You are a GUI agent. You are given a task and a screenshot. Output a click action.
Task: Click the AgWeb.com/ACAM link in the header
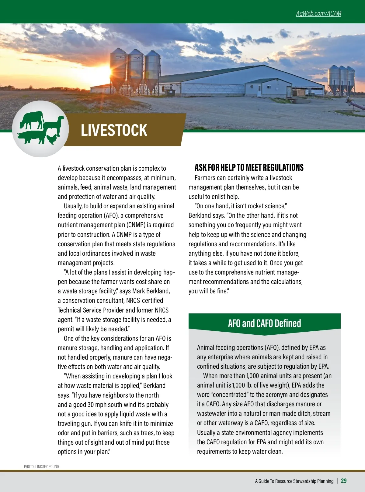coord(318,14)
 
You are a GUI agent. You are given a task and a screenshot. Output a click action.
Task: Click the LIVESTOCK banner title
coord(114,130)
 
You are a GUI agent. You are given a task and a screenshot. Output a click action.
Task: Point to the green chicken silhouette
coord(51,139)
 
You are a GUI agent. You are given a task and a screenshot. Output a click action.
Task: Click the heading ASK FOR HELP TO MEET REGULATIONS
coord(249,168)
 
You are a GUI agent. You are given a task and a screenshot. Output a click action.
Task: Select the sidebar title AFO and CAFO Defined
coord(264,323)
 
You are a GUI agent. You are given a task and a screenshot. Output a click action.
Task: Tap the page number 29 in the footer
coord(344,481)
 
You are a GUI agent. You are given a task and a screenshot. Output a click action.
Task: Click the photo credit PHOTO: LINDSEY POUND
coord(41,466)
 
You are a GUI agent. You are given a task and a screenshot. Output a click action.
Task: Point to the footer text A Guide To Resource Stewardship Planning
coord(294,481)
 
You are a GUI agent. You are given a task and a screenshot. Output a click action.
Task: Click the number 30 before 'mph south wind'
coord(90,405)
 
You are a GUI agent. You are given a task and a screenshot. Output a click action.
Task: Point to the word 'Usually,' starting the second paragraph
coord(73,206)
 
